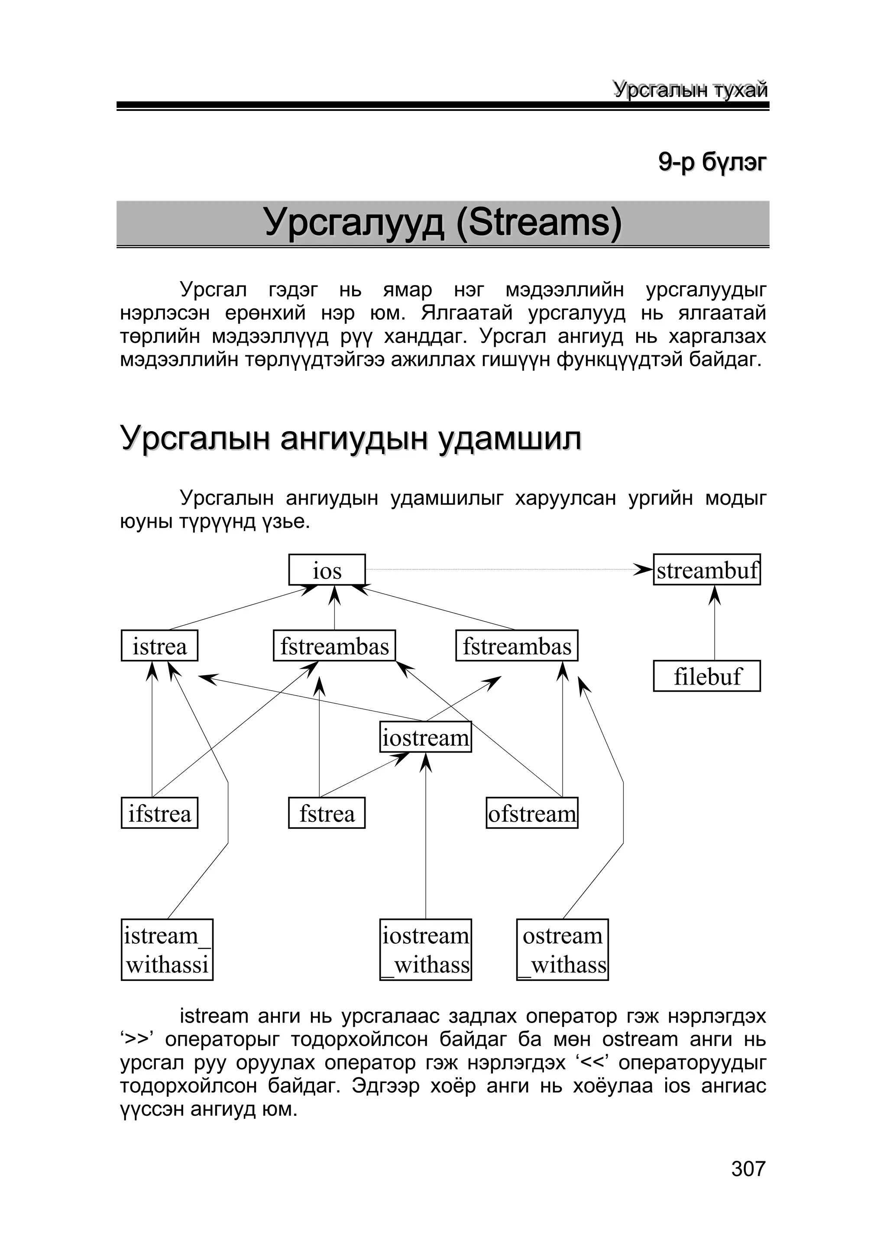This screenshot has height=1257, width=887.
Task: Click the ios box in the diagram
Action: [327, 570]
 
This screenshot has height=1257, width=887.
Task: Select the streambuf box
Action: [706, 570]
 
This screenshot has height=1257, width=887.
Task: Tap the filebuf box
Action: [706, 676]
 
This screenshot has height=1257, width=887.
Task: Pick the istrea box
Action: [159, 646]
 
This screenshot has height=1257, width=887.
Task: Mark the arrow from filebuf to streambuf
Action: [715, 624]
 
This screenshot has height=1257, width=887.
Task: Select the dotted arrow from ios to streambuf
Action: [503, 570]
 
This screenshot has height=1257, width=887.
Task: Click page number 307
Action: [748, 1169]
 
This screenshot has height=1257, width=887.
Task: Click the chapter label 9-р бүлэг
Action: [712, 162]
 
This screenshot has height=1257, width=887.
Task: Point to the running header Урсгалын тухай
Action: [690, 89]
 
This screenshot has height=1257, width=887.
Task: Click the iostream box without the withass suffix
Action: [426, 737]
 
